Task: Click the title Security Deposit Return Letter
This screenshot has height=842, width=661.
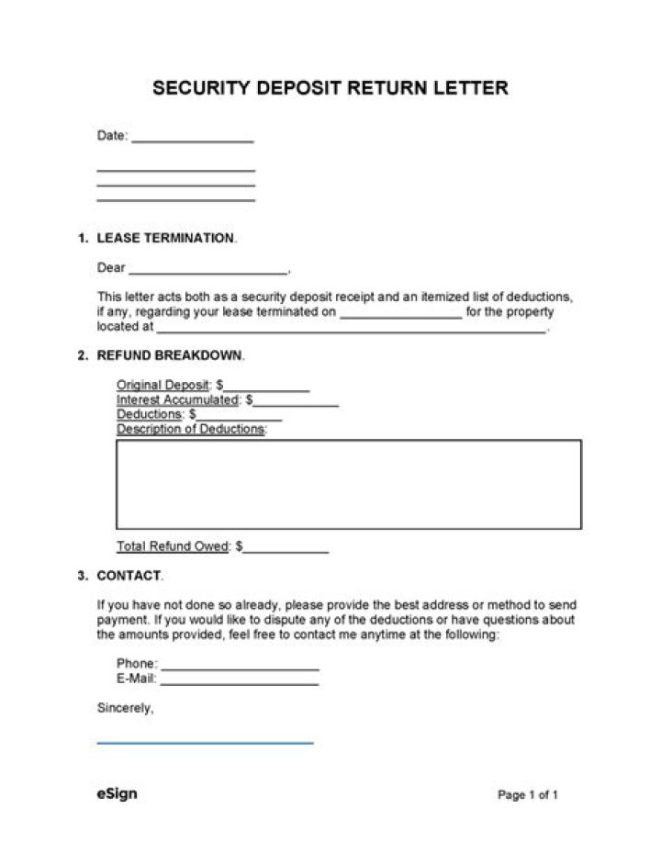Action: [x=330, y=88]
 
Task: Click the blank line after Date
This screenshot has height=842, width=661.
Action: [x=192, y=140]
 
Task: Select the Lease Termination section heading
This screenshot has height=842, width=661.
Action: [x=165, y=238]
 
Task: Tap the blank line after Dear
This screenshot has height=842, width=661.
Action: [x=207, y=273]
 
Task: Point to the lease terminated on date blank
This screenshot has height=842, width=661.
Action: [x=400, y=316]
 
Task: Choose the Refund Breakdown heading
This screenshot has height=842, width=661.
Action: [x=170, y=355]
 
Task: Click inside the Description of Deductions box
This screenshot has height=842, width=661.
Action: [x=348, y=484]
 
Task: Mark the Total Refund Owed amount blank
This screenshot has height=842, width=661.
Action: [x=286, y=550]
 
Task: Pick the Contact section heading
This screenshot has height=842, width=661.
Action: [x=129, y=576]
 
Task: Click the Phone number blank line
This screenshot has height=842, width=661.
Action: [x=240, y=668]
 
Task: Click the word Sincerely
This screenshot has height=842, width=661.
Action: [x=125, y=708]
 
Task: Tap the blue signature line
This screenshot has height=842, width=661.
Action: [x=205, y=742]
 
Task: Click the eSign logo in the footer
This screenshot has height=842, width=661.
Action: [x=117, y=793]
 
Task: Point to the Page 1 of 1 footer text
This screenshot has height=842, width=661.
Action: [x=528, y=794]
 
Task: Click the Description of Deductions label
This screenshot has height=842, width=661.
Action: [x=191, y=429]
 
